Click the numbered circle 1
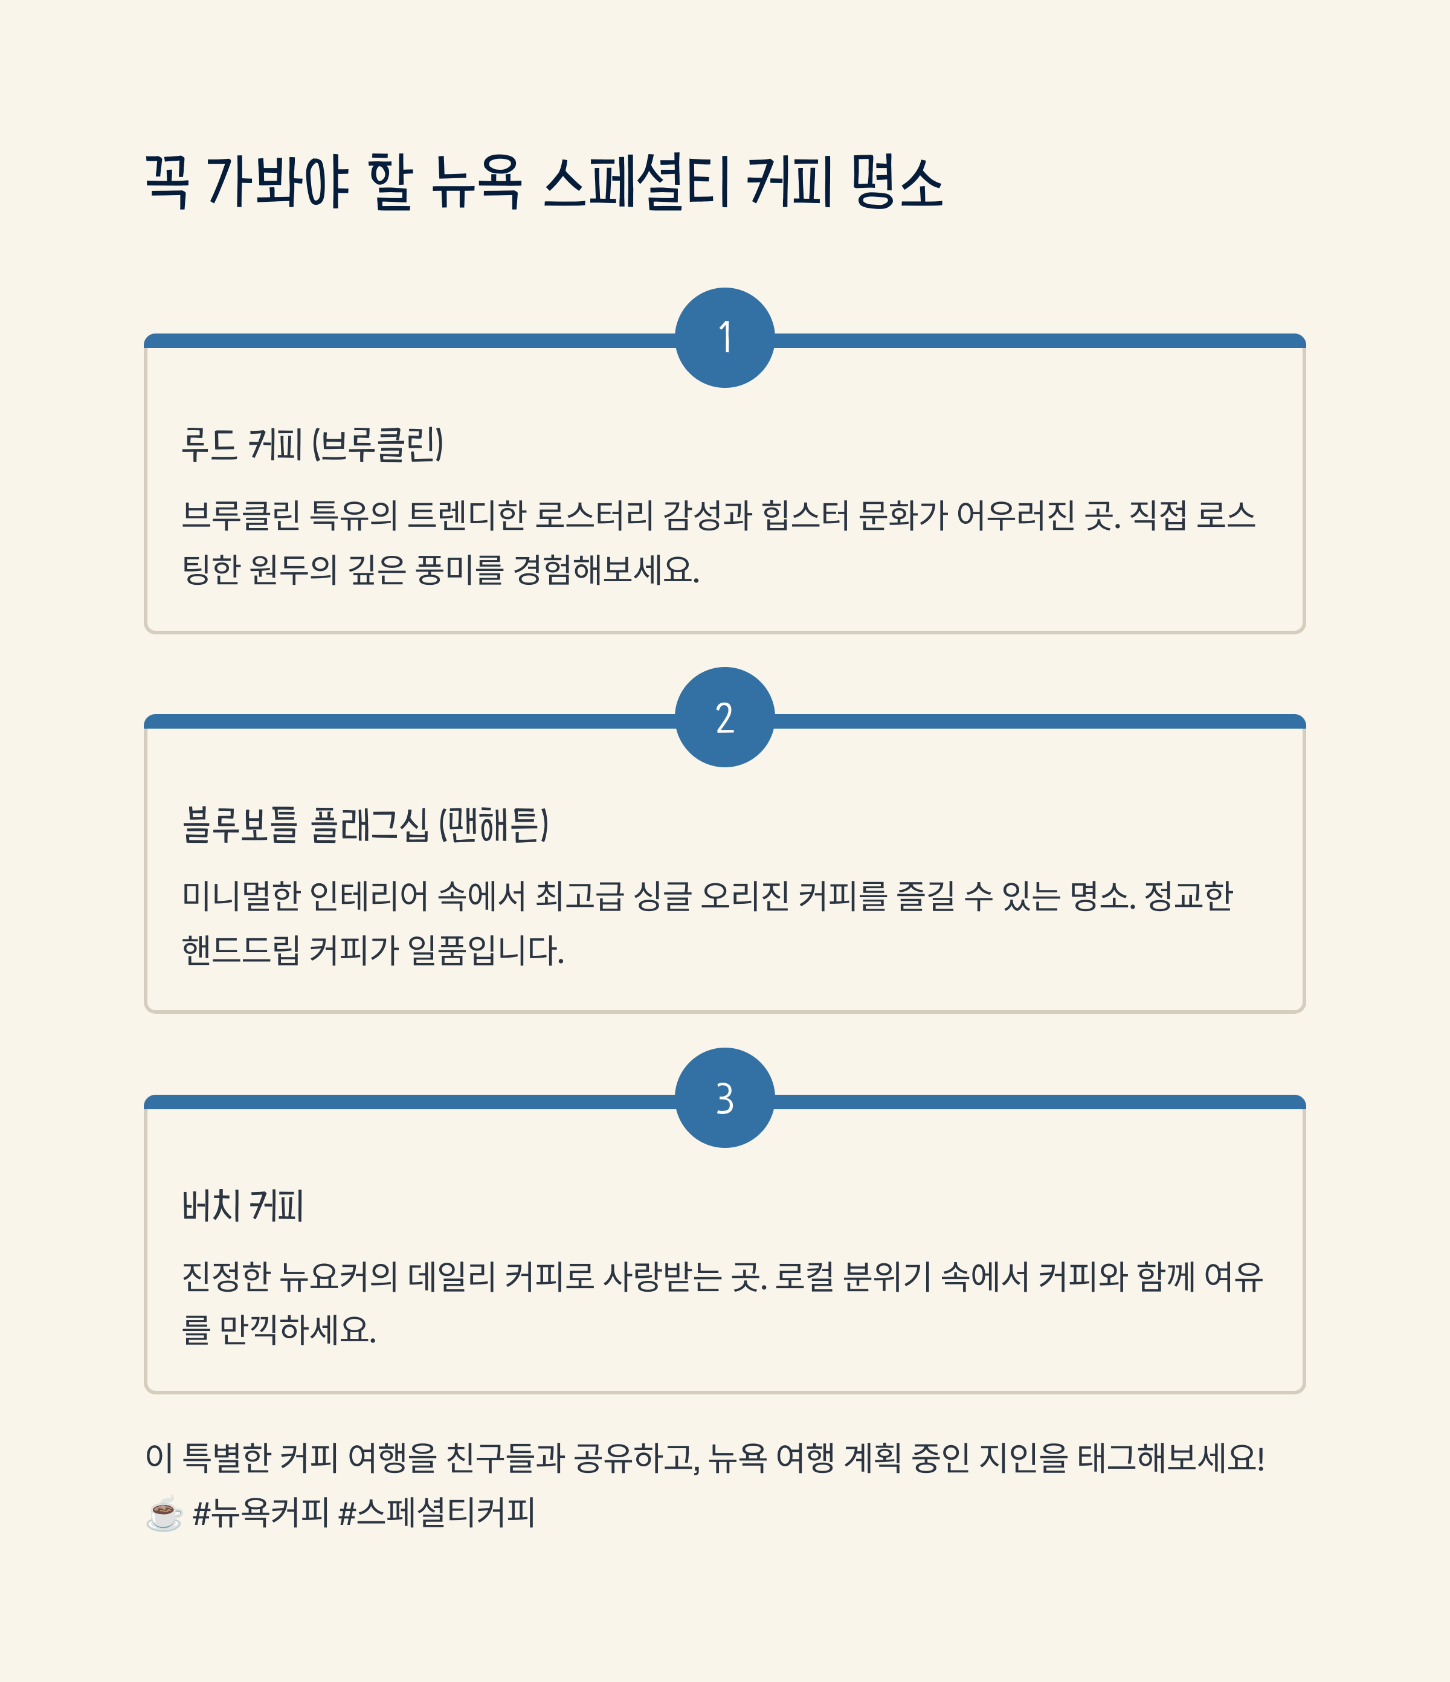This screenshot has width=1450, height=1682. pyautogui.click(x=724, y=338)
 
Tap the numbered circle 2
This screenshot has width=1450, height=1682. pyautogui.click(x=724, y=718)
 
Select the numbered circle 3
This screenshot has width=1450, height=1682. pyautogui.click(x=724, y=1098)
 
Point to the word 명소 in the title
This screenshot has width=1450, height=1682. pyautogui.click(x=897, y=182)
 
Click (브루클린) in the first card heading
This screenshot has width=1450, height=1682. pyautogui.click(x=378, y=445)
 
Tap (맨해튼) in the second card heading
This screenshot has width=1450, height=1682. pyautogui.click(x=494, y=825)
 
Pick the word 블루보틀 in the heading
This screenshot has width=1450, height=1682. pyautogui.click(x=240, y=825)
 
